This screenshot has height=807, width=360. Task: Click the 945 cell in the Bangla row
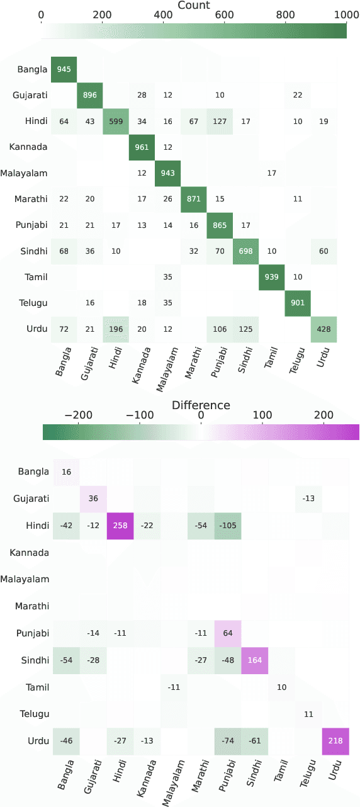64,69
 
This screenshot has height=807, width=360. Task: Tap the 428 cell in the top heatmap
323,329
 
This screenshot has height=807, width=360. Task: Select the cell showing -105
228,526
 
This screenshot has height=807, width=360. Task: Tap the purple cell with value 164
255,660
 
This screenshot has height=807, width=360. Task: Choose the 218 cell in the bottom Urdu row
335,742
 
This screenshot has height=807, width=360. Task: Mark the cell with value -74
228,742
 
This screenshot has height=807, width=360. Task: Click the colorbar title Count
194,6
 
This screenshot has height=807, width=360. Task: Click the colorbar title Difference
201,405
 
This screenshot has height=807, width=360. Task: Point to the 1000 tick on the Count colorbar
346,16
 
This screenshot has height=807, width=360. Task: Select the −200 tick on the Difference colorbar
78,415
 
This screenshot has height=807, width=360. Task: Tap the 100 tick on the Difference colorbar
262,415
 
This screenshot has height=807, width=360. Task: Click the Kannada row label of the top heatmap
28,147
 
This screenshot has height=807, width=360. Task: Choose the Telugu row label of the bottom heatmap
31,714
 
